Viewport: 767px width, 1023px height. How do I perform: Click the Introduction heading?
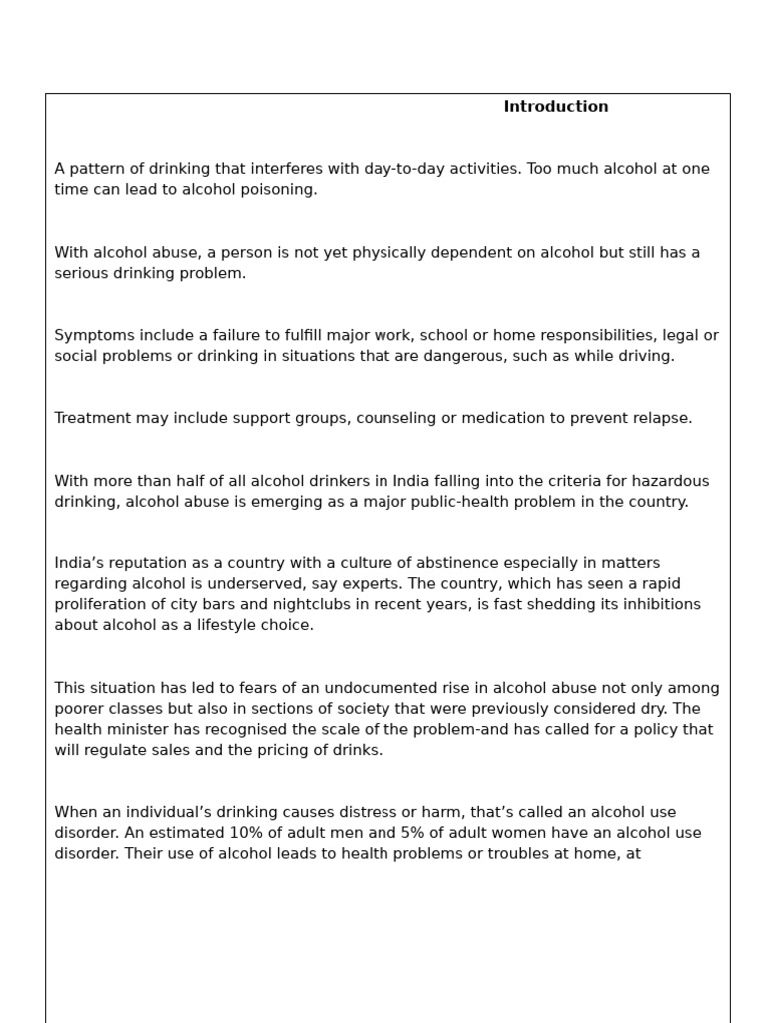click(x=555, y=107)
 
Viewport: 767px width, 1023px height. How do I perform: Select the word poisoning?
click(x=276, y=190)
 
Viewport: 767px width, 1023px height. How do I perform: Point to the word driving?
click(x=645, y=357)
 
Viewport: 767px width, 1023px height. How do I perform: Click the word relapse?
click(x=661, y=419)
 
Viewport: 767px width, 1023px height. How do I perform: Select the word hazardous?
click(x=672, y=482)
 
